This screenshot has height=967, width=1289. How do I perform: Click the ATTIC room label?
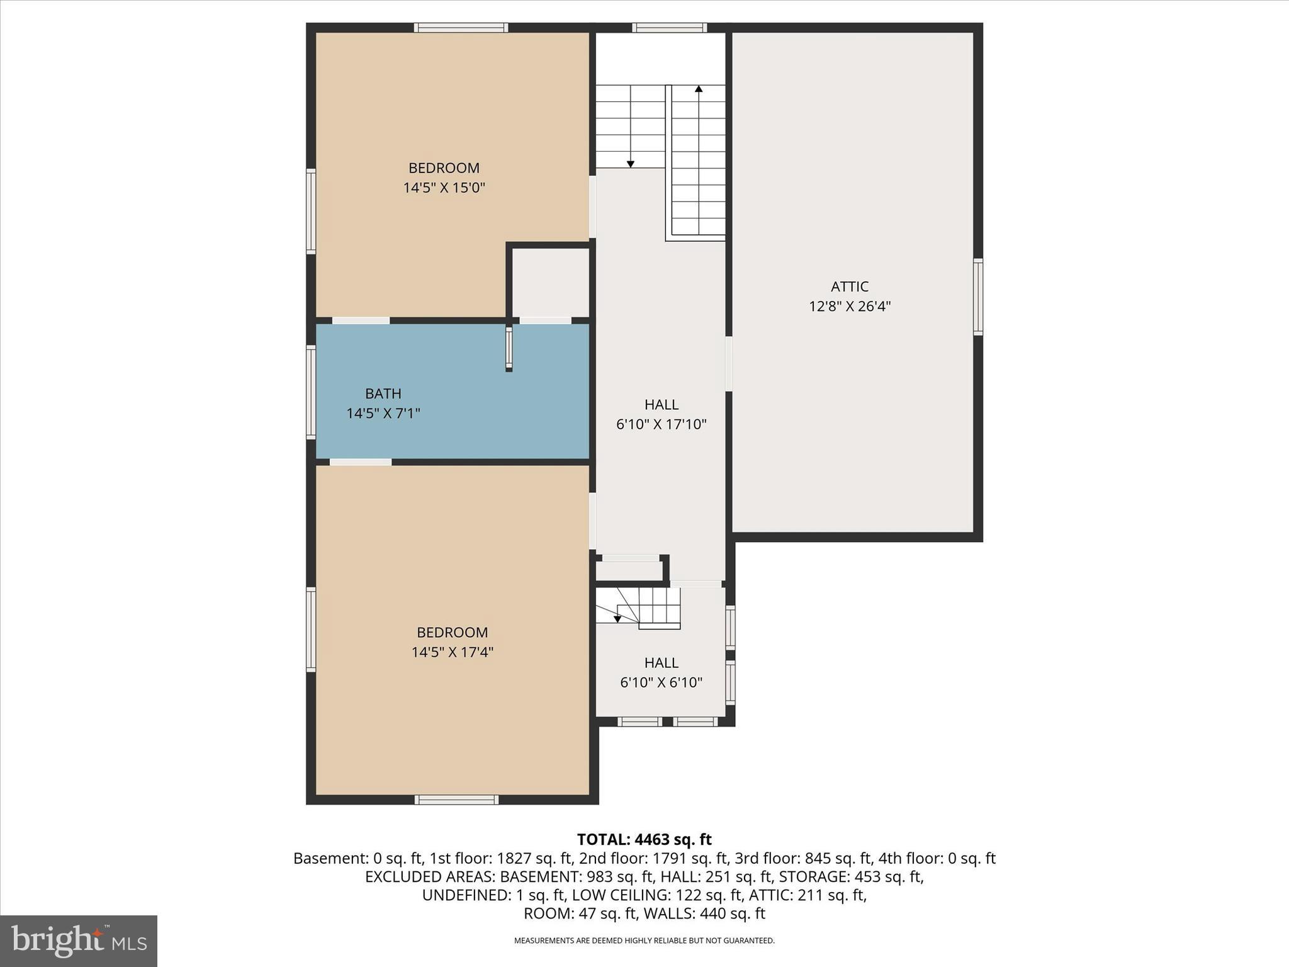(x=849, y=287)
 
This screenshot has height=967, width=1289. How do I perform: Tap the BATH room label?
(x=383, y=394)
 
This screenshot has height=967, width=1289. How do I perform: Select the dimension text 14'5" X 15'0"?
(x=444, y=188)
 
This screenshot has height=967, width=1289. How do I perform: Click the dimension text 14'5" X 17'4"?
(x=452, y=652)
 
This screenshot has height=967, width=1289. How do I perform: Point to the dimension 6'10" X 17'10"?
(x=661, y=425)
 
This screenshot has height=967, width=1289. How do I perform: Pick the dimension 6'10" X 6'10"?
(x=661, y=683)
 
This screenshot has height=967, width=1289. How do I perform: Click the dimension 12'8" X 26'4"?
(x=849, y=307)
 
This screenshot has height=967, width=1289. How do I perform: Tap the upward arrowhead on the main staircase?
(x=698, y=89)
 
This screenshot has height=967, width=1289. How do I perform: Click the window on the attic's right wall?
(x=977, y=297)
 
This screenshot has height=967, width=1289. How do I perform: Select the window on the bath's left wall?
(x=311, y=392)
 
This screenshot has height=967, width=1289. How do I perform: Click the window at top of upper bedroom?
(x=461, y=28)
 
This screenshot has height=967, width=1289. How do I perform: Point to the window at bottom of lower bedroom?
(x=456, y=800)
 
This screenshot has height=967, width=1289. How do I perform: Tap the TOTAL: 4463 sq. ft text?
(x=644, y=840)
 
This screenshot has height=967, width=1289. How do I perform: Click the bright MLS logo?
(x=79, y=941)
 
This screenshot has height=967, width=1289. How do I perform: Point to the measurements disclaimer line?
(x=644, y=941)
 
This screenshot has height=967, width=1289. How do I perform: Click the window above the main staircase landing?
(x=669, y=28)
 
